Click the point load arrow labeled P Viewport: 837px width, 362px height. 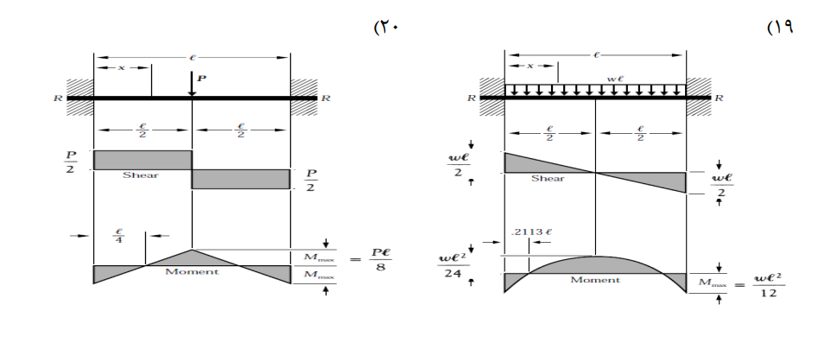[192, 84]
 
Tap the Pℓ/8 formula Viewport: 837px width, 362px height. [379, 259]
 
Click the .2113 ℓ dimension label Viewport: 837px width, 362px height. [531, 232]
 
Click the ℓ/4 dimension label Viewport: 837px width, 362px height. [119, 236]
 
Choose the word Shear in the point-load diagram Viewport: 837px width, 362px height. [141, 175]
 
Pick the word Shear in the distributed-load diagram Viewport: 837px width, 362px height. [548, 178]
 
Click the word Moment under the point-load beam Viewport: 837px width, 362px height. [192, 272]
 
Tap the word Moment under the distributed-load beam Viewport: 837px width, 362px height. [595, 280]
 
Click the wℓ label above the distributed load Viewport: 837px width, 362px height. [615, 79]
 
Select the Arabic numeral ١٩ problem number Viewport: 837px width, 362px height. [780, 27]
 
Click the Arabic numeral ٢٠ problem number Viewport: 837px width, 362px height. [386, 27]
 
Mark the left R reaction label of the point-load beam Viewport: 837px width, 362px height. [58, 98]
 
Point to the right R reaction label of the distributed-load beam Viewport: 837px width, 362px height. [719, 98]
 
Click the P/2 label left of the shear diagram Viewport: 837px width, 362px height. [71, 162]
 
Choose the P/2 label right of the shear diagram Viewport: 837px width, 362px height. [311, 181]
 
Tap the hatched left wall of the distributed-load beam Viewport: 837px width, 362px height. [491, 97]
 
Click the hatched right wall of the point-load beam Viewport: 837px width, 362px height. [304, 97]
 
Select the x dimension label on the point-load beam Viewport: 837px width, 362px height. [122, 67]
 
